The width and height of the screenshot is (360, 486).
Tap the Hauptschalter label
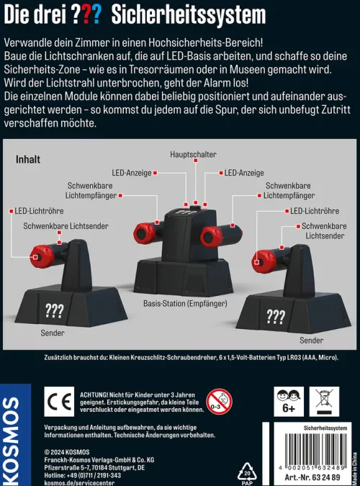coord(194,154)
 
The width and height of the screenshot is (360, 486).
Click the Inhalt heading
coord(28,159)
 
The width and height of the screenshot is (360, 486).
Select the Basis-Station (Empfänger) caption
coord(185,304)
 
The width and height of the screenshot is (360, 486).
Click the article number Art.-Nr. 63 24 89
coord(310,480)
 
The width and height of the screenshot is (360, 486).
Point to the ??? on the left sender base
coord(54,310)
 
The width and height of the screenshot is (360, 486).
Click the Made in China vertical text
coord(354,460)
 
